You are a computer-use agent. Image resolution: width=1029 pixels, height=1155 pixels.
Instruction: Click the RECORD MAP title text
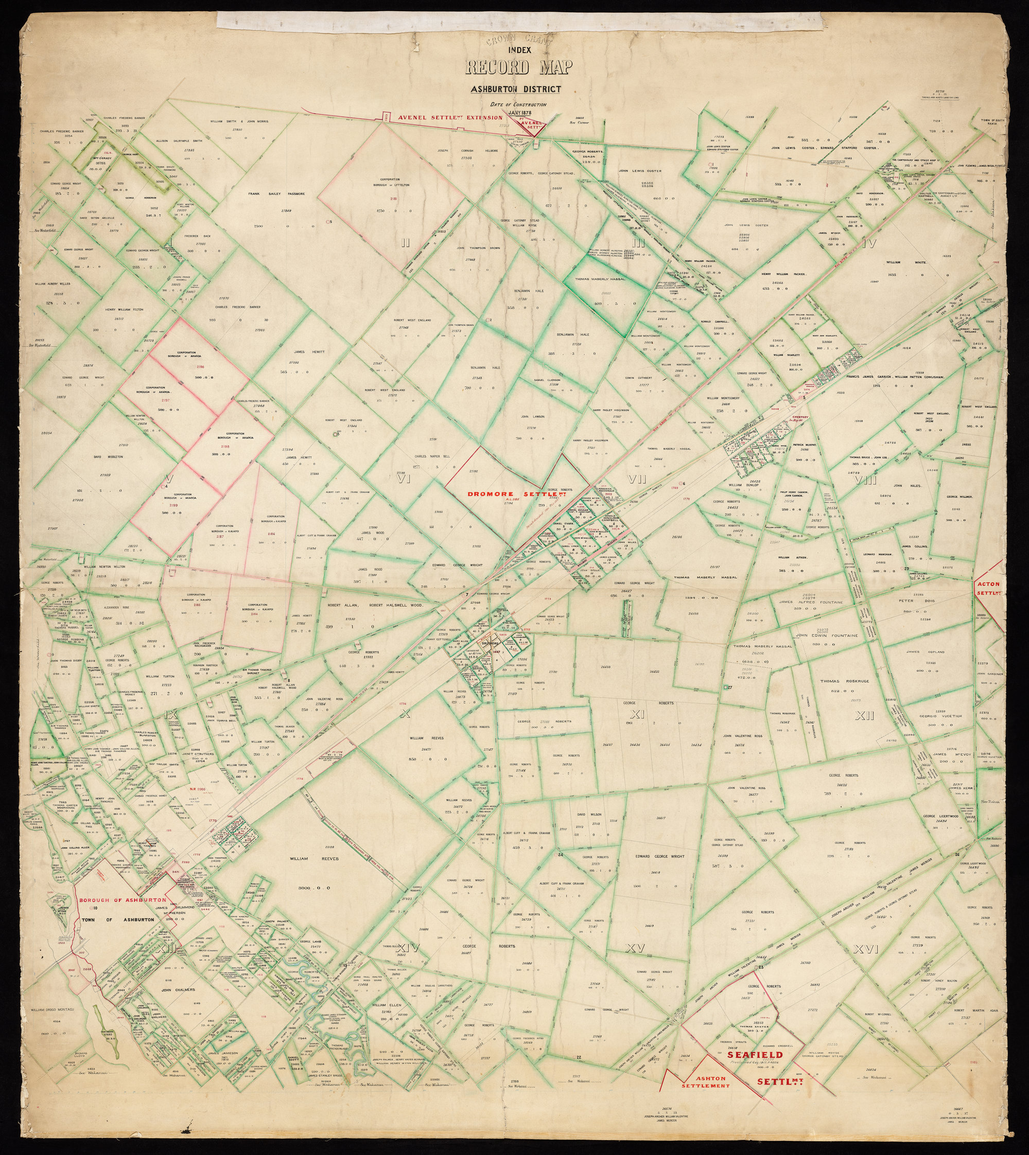518,67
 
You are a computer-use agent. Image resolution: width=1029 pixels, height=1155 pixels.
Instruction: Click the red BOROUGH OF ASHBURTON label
123,900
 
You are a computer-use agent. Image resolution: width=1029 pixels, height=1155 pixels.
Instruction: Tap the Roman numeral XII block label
864,717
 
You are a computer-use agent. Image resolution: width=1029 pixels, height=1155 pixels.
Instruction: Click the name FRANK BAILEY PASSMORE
276,193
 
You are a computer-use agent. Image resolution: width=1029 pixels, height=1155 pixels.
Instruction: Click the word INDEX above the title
518,50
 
